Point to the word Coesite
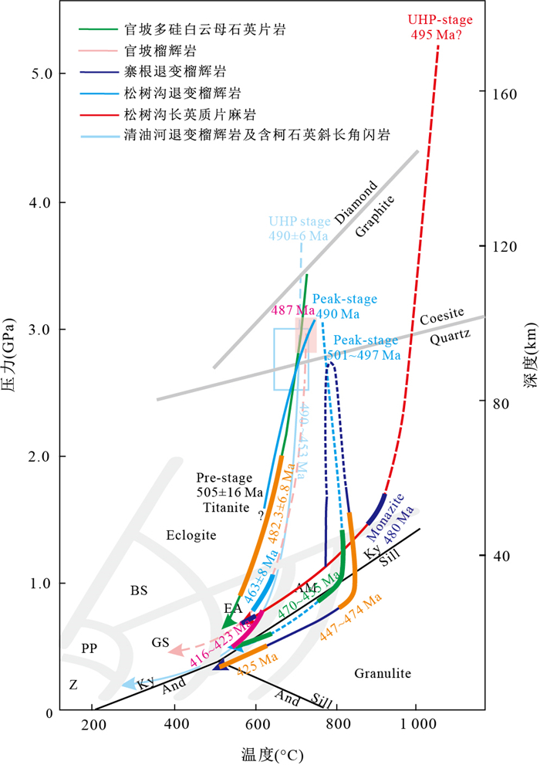click(443, 316)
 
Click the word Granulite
click(383, 674)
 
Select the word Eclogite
click(190, 535)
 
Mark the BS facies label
click(139, 591)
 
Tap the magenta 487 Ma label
click(289, 310)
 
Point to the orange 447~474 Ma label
click(351, 618)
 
